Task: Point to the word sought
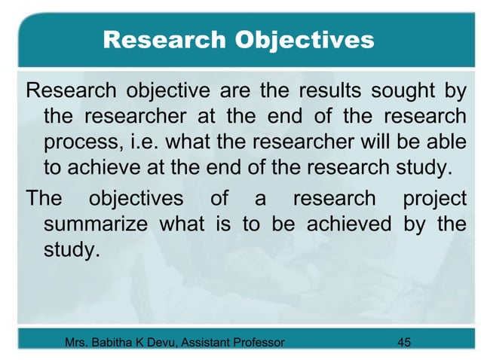[x=395, y=93]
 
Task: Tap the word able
[x=448, y=142]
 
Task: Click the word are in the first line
[x=237, y=93]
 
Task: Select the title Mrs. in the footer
[x=78, y=343]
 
